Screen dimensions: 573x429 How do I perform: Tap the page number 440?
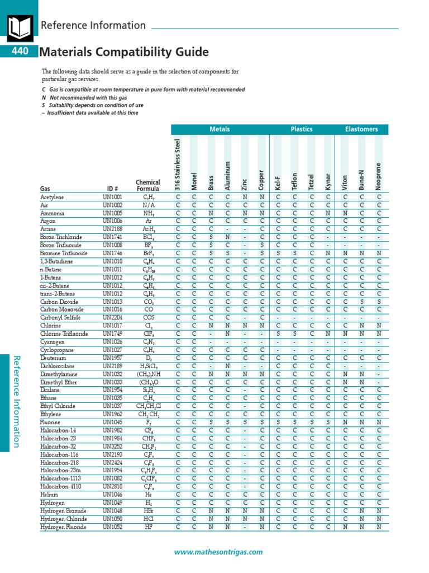(18, 52)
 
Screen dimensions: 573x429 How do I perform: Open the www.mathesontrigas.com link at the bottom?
(218, 552)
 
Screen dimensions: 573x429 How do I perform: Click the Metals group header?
(220, 129)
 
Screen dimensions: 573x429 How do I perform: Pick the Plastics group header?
(302, 129)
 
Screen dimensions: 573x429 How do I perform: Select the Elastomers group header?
(361, 129)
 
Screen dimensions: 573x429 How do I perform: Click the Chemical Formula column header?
(148, 185)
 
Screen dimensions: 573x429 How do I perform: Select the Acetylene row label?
(52, 198)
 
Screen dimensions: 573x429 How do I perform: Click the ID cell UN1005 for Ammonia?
(112, 213)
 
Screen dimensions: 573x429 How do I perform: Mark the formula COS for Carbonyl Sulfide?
(149, 317)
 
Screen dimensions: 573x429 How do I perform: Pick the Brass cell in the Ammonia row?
(211, 213)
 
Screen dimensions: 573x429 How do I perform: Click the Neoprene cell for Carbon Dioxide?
(379, 301)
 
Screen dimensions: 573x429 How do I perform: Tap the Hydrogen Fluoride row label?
(63, 527)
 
